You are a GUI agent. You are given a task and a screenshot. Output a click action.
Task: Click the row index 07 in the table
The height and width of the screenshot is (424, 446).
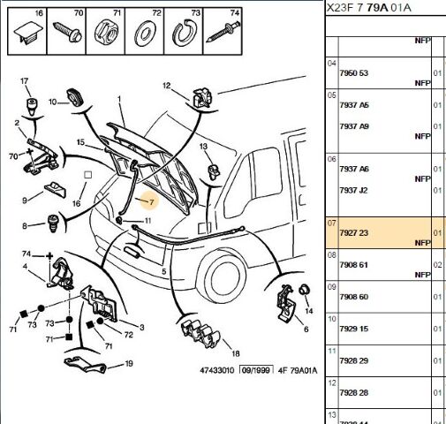(x=332, y=224)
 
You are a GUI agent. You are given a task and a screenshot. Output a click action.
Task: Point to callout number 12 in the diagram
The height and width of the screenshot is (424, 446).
(x=165, y=86)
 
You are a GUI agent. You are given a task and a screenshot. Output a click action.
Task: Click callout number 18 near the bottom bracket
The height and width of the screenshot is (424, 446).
(x=223, y=353)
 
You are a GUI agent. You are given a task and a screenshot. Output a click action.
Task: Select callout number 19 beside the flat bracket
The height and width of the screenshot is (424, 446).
(x=129, y=364)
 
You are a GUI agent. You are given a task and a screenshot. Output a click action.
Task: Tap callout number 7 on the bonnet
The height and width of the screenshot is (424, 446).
(x=151, y=202)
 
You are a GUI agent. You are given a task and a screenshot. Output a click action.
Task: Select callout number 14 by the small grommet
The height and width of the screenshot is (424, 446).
(x=308, y=311)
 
